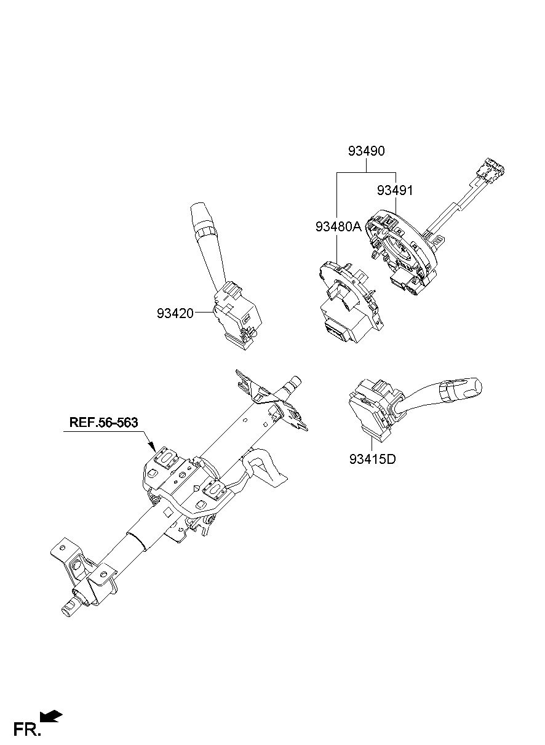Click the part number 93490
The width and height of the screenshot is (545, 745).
367,151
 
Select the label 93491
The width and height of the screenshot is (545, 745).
395,191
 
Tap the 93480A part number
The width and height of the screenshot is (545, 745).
338,227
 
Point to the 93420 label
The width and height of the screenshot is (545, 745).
175,313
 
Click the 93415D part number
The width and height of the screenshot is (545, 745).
373,460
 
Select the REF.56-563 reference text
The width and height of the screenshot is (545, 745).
103,423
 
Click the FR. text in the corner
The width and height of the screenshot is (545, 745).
27,730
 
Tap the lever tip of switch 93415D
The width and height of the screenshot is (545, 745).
476,387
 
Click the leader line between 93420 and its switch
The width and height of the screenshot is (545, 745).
203,313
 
